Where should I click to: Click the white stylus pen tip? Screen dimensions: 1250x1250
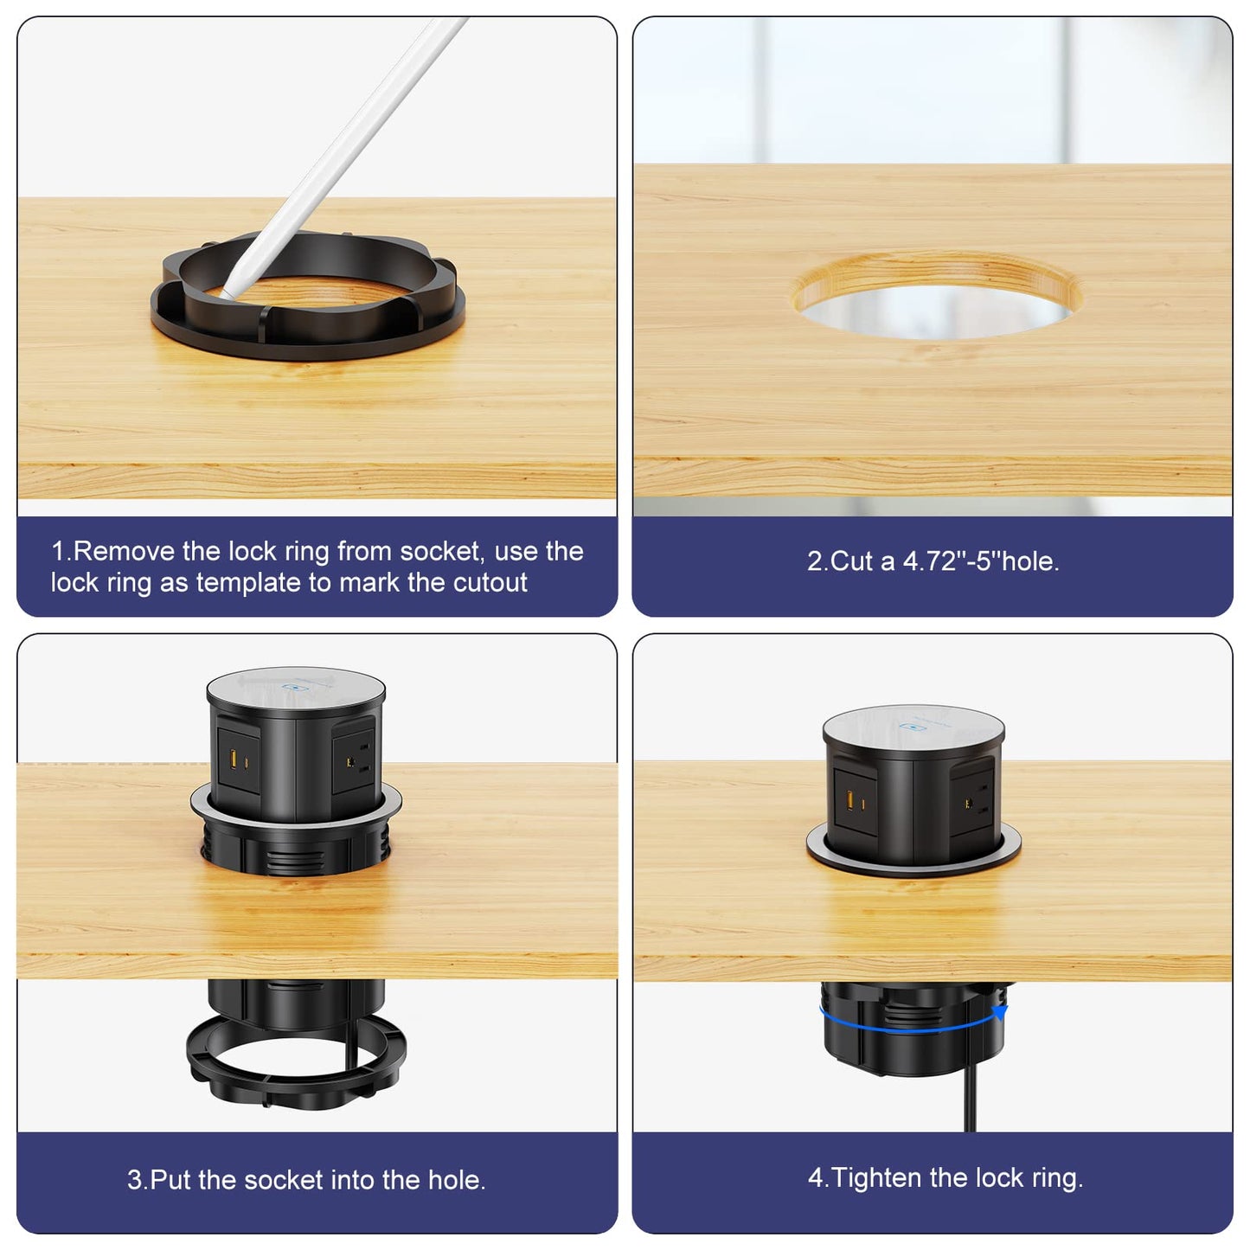point(225,294)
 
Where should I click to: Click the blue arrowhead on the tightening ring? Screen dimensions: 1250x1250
point(1001,1013)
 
